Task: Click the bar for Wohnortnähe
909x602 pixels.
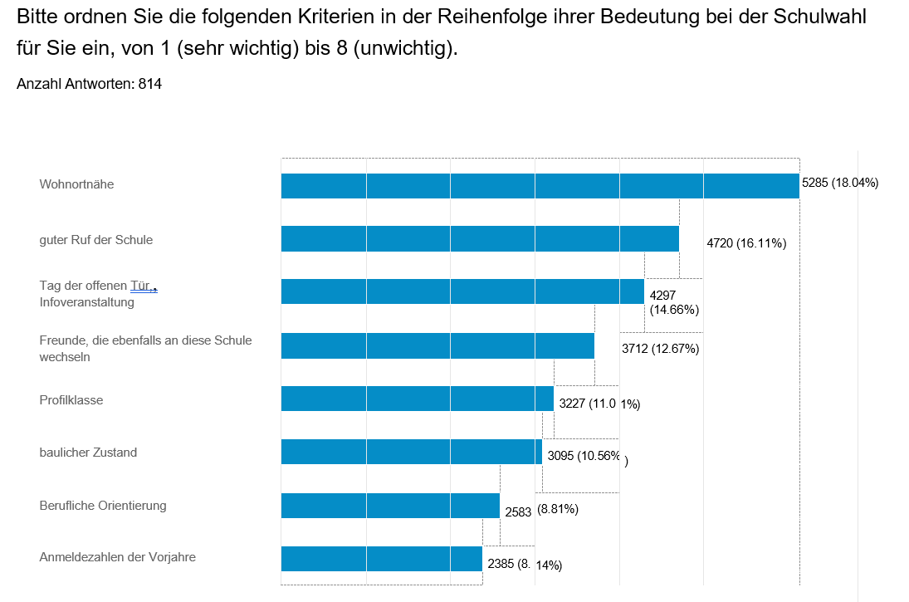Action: coord(540,186)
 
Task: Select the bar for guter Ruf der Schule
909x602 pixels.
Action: coord(480,239)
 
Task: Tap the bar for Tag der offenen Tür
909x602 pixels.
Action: coord(462,291)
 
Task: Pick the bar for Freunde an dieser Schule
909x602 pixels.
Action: coord(437,345)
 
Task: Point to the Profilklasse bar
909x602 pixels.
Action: coord(418,399)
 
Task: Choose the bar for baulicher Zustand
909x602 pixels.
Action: coord(412,452)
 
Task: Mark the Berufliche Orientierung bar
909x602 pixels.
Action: coord(390,506)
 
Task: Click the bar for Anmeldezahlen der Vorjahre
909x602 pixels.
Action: coord(382,559)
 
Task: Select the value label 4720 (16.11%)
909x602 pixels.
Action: coord(746,243)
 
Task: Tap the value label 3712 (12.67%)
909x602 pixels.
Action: coord(661,349)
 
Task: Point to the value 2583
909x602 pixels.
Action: coord(518,511)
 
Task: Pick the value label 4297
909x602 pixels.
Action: coord(663,296)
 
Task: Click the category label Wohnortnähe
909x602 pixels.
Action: coord(76,184)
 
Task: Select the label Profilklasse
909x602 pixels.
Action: coord(71,399)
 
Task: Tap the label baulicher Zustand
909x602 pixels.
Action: coord(88,453)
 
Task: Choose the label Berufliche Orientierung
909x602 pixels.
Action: coord(103,505)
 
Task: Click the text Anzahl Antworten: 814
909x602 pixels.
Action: coord(89,84)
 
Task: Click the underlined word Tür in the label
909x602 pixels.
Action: coord(143,286)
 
